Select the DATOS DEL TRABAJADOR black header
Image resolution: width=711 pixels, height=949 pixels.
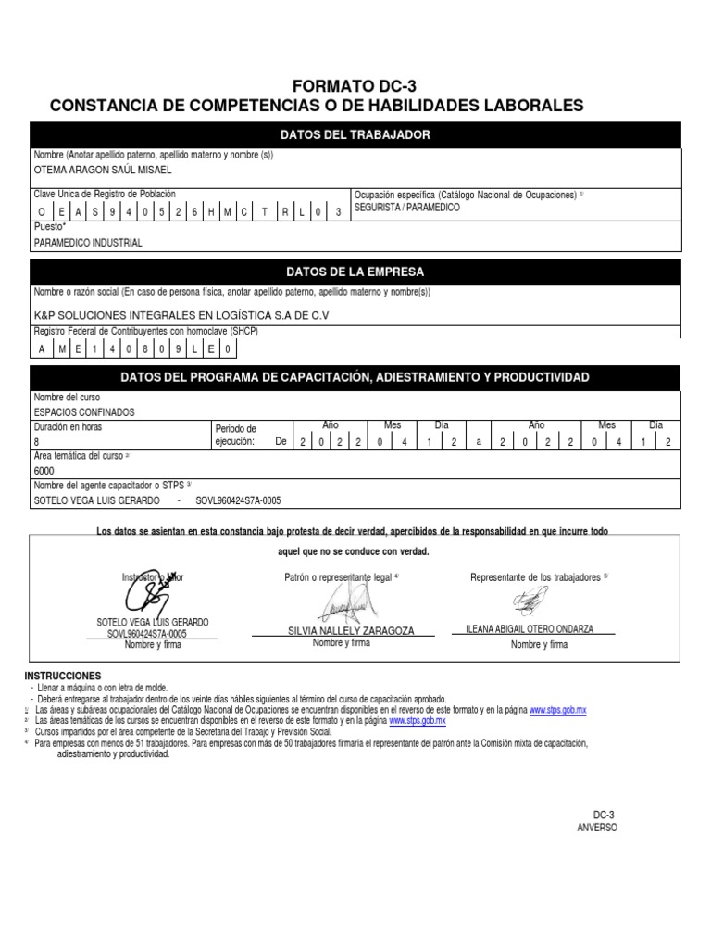355,135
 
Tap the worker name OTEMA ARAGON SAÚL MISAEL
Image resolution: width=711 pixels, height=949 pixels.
103,171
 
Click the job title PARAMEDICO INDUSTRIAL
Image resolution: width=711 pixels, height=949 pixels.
88,243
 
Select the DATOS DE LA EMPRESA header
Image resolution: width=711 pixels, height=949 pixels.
355,272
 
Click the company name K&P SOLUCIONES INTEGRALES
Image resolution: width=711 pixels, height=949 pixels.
181,315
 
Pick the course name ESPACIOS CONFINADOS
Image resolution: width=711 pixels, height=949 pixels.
84,411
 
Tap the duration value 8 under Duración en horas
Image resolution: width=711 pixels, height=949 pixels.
37,443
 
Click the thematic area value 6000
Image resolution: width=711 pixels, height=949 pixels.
44,471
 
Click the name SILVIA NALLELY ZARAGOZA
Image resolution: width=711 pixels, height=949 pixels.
351,630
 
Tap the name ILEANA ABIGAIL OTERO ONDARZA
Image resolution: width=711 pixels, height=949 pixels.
529,628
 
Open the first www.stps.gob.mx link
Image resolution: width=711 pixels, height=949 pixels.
558,709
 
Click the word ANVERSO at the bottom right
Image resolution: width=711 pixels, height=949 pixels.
596,828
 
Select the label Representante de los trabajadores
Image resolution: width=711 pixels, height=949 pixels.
538,577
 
